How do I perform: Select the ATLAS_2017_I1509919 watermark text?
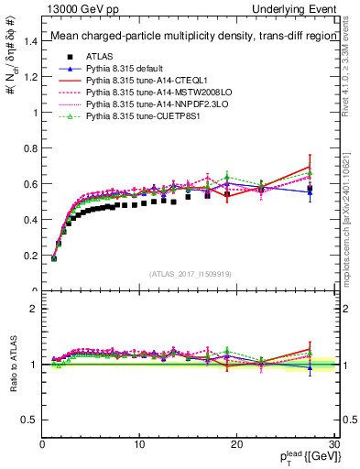[x=191, y=274]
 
